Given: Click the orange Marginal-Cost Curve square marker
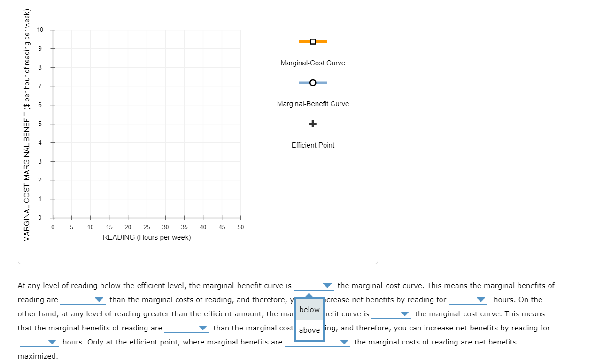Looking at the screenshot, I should pyautogui.click(x=313, y=41).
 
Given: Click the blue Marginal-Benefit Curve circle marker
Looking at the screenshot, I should pyautogui.click(x=313, y=83).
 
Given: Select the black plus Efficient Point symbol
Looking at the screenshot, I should pyautogui.click(x=313, y=124).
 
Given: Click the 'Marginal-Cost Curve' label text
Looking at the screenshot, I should pyautogui.click(x=313, y=63).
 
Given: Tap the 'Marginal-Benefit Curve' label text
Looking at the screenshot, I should pyautogui.click(x=313, y=104).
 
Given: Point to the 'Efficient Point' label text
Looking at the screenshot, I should pyautogui.click(x=313, y=145).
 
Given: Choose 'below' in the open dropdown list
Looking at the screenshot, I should pyautogui.click(x=309, y=310).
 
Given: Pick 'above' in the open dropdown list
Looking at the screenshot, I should pyautogui.click(x=309, y=330).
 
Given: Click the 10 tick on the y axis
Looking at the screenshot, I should pyautogui.click(x=40, y=30).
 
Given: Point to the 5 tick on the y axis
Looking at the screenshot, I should pyautogui.click(x=40, y=124).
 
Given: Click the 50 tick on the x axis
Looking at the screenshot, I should pyautogui.click(x=240, y=227).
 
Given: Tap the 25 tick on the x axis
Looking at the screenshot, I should pyautogui.click(x=147, y=227).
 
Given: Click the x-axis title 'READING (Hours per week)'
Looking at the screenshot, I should pyautogui.click(x=147, y=237).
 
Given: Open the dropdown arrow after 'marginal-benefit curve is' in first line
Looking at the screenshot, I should pyautogui.click(x=327, y=286).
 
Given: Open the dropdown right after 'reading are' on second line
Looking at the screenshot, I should pyautogui.click(x=99, y=300).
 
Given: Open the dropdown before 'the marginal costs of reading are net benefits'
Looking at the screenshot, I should pyautogui.click(x=344, y=342).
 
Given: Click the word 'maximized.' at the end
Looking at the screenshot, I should pyautogui.click(x=38, y=356).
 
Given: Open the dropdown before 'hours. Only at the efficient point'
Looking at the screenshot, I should pyautogui.click(x=52, y=342).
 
